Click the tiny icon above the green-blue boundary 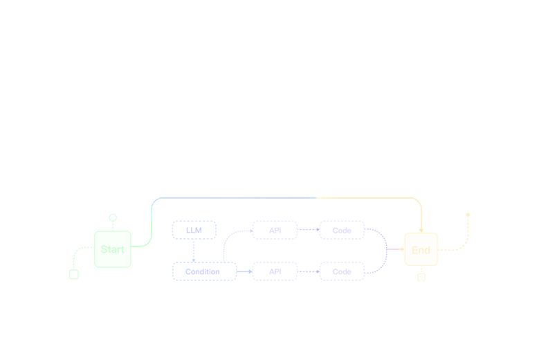click(x=154, y=201)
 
